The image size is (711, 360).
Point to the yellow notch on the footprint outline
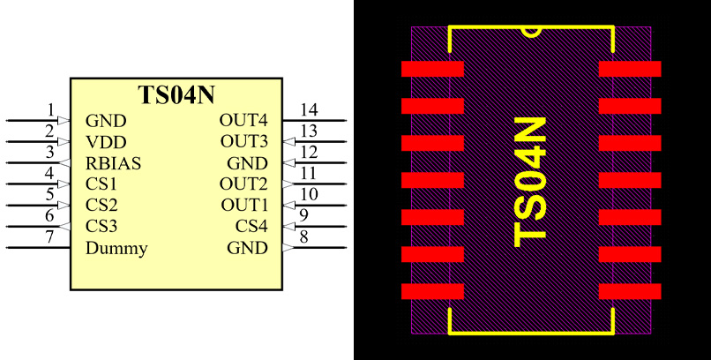[531, 32]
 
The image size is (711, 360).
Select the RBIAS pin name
[114, 163]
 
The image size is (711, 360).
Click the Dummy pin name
[116, 248]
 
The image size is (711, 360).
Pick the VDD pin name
[106, 142]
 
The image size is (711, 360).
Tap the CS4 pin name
[251, 227]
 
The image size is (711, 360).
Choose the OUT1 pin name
[243, 206]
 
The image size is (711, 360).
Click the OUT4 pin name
[243, 121]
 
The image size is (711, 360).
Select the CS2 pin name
[101, 206]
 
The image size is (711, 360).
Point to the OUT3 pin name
[243, 142]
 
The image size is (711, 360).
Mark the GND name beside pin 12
[247, 163]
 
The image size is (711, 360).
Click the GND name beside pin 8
[247, 248]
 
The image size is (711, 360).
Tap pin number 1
[50, 111]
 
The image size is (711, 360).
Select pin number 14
[308, 110]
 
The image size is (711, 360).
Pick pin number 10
[308, 195]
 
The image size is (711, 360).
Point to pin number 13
[308, 131]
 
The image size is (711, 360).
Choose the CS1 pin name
[101, 184]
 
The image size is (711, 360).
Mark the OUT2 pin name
[243, 184]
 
